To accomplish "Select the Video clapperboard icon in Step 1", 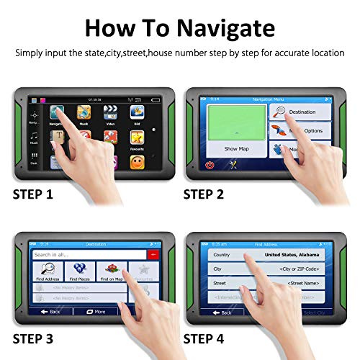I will [x=110, y=112].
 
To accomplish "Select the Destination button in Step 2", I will [x=299, y=112].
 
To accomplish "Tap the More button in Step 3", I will [x=95, y=312].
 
